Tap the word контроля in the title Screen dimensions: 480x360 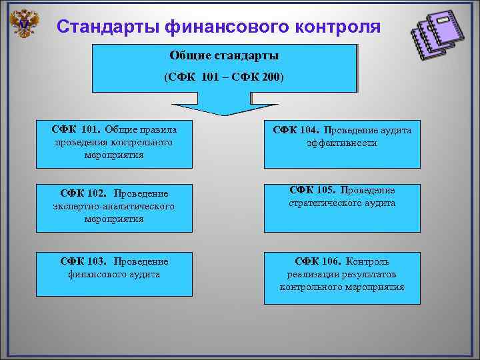point(336,27)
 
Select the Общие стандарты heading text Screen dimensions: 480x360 point(224,55)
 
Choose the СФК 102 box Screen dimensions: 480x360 point(113,207)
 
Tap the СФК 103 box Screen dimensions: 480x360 point(113,273)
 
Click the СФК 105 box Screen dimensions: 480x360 point(342,207)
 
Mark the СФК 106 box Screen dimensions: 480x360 point(342,277)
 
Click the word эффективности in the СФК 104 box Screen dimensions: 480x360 point(342,143)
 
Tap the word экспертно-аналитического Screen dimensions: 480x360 point(113,207)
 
